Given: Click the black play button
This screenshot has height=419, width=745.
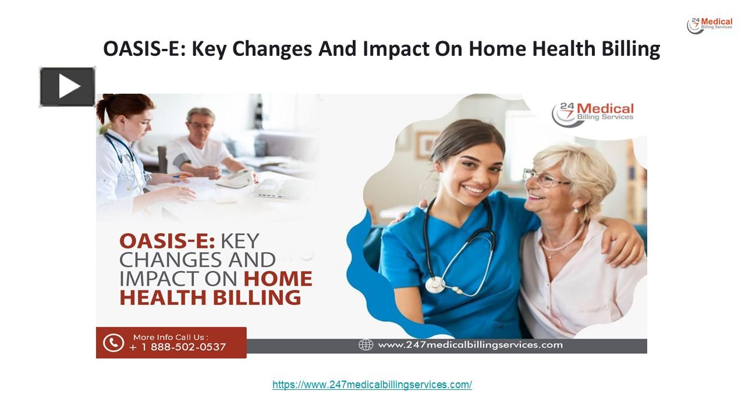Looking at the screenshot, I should pyautogui.click(x=68, y=87).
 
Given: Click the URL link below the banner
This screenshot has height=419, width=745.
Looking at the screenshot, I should pyautogui.click(x=372, y=385).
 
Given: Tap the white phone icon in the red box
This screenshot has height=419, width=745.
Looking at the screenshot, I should pyautogui.click(x=113, y=342).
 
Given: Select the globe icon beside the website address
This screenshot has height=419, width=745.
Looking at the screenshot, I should pyautogui.click(x=366, y=345).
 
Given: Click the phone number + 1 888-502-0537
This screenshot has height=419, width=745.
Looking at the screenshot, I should pyautogui.click(x=178, y=347).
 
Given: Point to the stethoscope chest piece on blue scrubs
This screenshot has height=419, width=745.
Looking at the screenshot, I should pyautogui.click(x=435, y=284).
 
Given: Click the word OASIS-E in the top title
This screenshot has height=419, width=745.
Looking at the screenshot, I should pyautogui.click(x=144, y=49).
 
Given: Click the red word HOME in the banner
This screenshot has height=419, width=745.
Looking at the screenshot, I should pyautogui.click(x=278, y=278).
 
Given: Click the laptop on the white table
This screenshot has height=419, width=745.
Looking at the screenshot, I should pyautogui.click(x=282, y=187).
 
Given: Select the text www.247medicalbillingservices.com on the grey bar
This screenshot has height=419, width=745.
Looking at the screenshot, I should pyautogui.click(x=470, y=345).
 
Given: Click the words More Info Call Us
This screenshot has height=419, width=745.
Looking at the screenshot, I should pyautogui.click(x=171, y=337).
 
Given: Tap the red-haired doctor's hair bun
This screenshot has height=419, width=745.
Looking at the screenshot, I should pyautogui.click(x=104, y=106).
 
